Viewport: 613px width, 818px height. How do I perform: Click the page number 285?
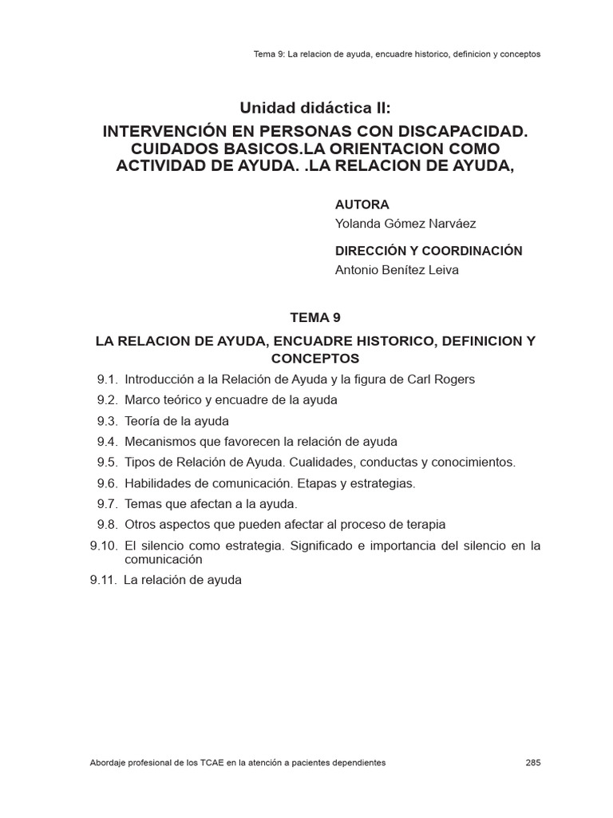(533, 763)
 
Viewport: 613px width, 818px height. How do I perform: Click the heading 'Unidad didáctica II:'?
(306, 108)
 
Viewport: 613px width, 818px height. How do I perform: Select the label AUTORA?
(362, 205)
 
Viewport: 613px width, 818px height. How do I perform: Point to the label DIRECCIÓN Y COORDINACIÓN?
(429, 251)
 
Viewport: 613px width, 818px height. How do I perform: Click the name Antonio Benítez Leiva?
(397, 270)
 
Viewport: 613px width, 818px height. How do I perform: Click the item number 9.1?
(108, 379)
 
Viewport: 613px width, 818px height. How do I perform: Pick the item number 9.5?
(108, 463)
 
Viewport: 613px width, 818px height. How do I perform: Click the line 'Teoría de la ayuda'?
(177, 421)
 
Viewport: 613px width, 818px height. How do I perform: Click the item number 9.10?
(105, 546)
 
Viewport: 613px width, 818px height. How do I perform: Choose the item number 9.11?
(105, 581)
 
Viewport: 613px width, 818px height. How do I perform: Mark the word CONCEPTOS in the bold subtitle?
(315, 359)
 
